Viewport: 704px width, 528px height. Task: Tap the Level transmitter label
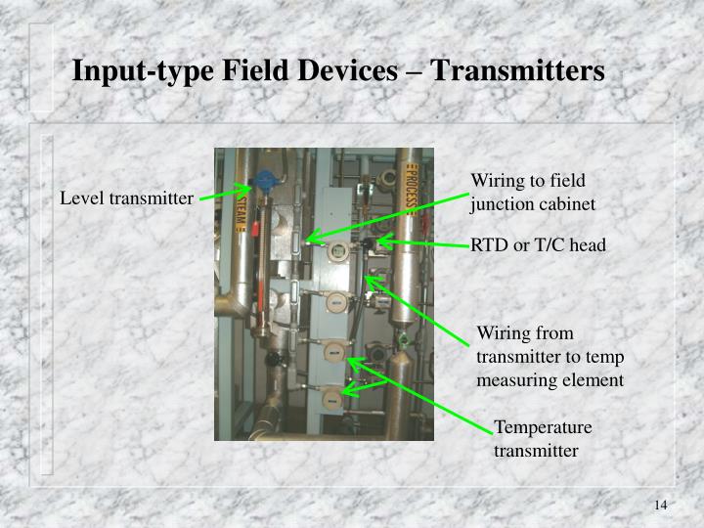[126, 198]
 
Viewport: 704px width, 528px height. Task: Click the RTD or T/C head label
[539, 244]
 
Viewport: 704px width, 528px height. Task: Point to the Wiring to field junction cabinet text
[532, 193]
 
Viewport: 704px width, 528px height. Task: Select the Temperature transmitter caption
[543, 439]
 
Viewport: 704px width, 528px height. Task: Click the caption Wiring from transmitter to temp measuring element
[550, 357]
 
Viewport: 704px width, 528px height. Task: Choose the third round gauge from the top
[332, 350]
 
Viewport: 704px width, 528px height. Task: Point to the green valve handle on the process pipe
[401, 339]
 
